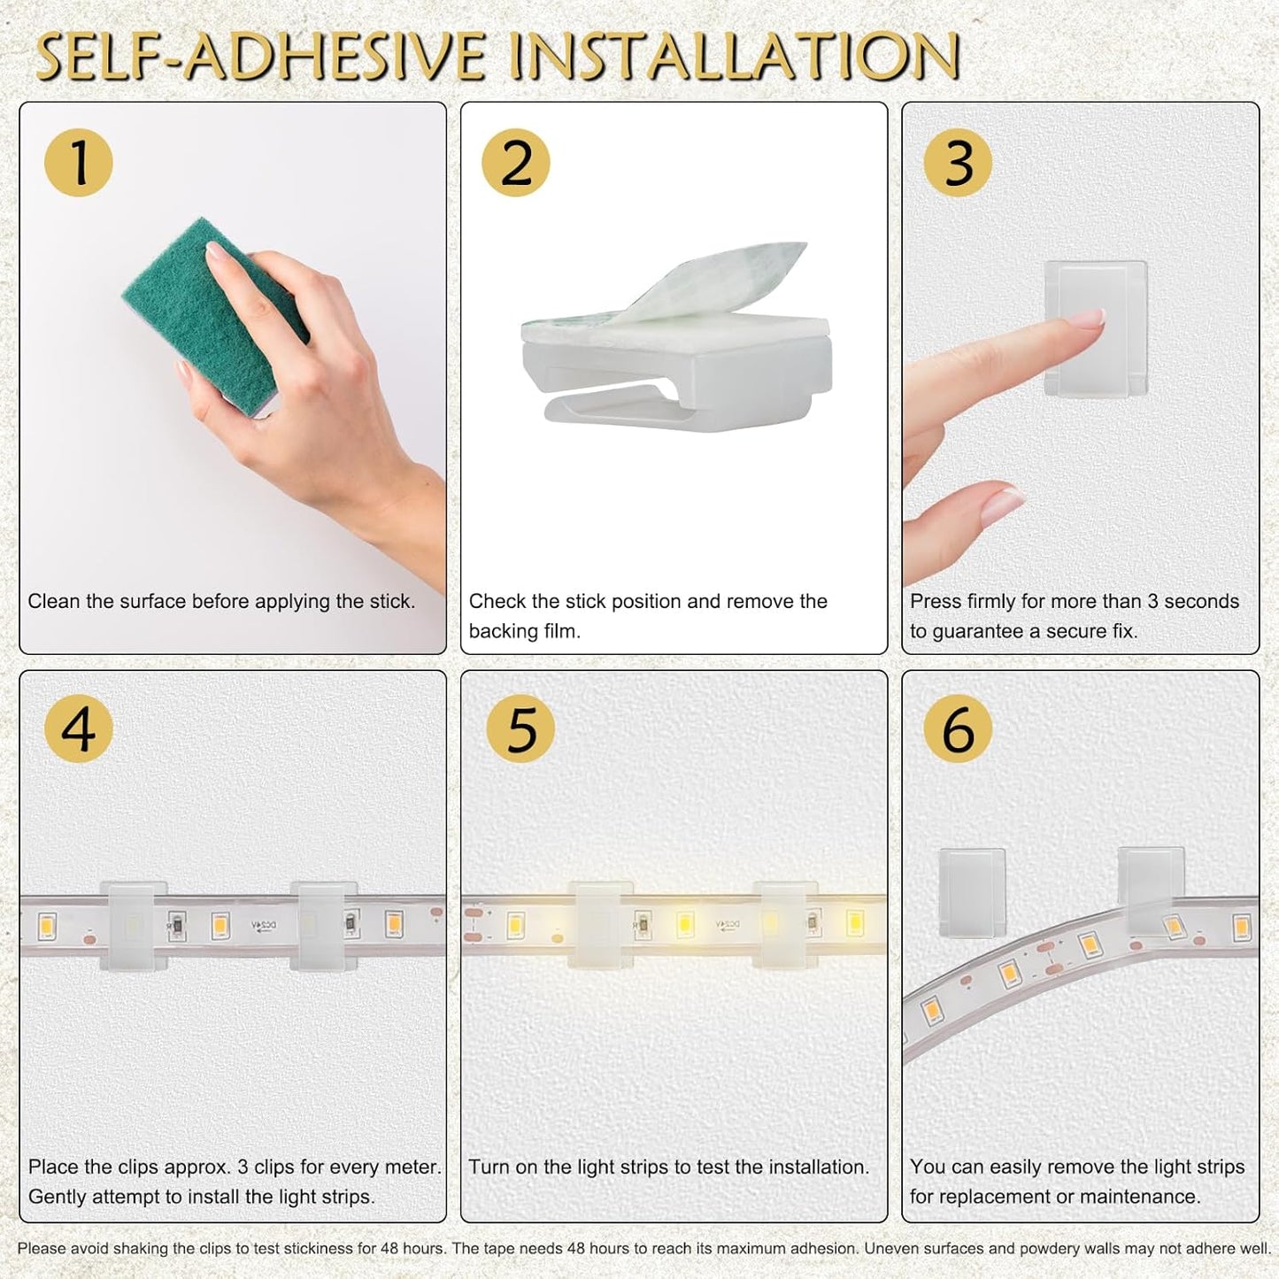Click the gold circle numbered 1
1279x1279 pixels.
tap(79, 162)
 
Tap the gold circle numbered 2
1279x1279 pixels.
tap(516, 162)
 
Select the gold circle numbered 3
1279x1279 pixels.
tap(958, 162)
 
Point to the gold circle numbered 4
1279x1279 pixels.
tap(79, 728)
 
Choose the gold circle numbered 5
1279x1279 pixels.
tap(520, 728)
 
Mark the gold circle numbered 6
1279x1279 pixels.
tap(958, 728)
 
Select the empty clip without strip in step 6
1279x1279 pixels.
tap(972, 891)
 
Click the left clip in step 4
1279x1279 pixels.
tap(134, 925)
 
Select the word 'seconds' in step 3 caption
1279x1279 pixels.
tap(1201, 601)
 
